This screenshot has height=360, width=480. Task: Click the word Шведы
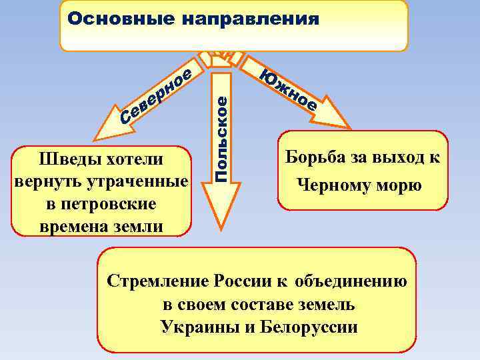[67, 161]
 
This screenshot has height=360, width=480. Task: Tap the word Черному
[333, 185]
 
